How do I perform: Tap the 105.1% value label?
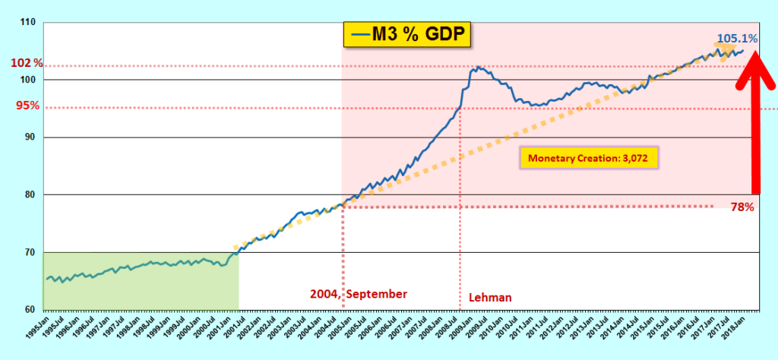pos(735,38)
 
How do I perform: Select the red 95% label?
pos(28,106)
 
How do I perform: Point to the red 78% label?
pos(741,207)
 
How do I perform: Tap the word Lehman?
pos(489,298)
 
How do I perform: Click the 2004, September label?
pos(358,294)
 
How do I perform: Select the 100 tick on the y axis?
pos(28,80)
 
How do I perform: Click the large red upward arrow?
pos(755,122)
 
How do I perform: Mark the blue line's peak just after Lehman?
pos(477,68)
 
